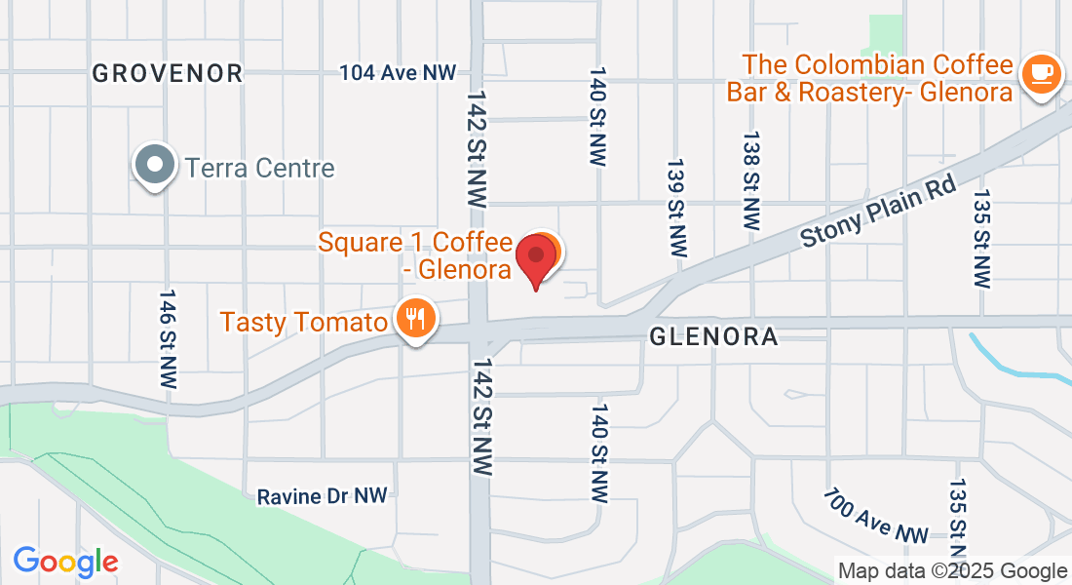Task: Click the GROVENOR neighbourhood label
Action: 167,72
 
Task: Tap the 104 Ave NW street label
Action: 398,72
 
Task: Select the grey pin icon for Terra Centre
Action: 155,166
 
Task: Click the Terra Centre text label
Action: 260,168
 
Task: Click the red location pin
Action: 535,258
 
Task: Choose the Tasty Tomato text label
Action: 304,321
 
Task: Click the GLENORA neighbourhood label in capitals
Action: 714,337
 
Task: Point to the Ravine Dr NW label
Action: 322,496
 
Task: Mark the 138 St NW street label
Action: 750,180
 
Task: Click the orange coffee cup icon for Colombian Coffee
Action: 1040,74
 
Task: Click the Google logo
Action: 65,562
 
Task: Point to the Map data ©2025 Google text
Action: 953,571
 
